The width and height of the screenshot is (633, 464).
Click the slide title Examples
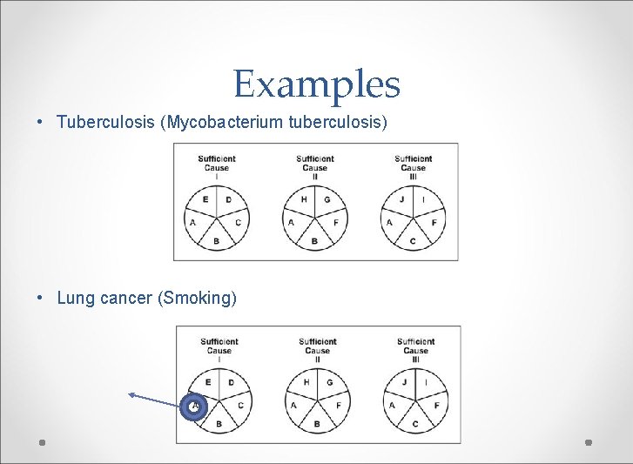[x=316, y=84]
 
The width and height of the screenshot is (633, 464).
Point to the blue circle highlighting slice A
[x=194, y=407]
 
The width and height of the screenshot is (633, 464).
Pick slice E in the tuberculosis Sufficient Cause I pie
[x=205, y=200]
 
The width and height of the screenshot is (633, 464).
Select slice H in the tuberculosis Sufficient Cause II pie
[x=304, y=200]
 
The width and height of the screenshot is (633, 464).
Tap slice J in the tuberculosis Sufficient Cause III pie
[x=402, y=200]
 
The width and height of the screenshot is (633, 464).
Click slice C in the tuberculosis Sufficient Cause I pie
[x=237, y=223]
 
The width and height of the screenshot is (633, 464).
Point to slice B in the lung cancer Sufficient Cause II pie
[x=317, y=424]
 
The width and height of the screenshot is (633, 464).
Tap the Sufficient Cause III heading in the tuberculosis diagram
[x=413, y=167]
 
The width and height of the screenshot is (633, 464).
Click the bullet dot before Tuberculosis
[x=41, y=122]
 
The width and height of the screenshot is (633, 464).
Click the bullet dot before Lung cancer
[x=41, y=299]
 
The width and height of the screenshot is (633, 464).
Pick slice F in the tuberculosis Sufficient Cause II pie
[x=335, y=223]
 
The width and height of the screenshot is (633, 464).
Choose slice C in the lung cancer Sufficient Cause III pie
[x=415, y=424]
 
